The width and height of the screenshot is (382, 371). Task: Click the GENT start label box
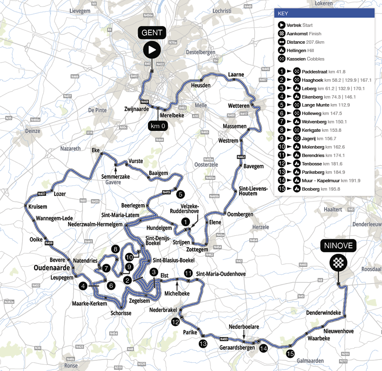point(152,33)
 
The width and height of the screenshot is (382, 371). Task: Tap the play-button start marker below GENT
point(152,50)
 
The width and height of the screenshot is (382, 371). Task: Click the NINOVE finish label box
point(338,245)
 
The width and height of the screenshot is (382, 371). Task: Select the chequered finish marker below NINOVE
point(338,262)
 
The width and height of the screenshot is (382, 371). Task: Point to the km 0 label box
point(158,126)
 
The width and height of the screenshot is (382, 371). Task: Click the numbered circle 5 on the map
point(180,194)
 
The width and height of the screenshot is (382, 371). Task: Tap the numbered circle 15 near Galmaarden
point(290,354)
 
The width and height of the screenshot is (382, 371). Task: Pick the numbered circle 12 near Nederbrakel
point(175,322)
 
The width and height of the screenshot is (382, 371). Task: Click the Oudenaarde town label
point(52,268)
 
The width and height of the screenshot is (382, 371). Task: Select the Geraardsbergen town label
point(237,347)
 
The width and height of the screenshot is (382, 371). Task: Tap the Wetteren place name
point(238,106)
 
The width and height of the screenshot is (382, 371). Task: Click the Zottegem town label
point(197,249)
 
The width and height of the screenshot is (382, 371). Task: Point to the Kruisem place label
point(38,207)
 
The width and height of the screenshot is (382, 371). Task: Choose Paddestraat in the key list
point(314,71)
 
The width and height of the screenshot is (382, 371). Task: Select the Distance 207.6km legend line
point(305,42)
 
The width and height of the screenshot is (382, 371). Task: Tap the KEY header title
point(283,13)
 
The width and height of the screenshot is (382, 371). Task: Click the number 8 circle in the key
point(281,130)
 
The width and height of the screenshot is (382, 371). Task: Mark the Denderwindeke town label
point(323,313)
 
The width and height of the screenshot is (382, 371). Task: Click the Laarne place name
point(236,74)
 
